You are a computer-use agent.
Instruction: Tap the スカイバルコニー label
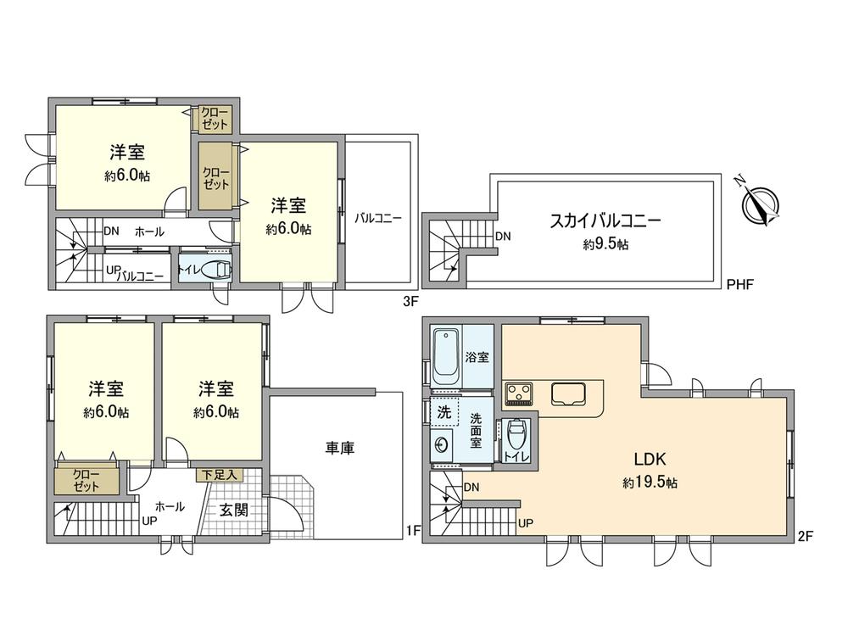tap(605, 222)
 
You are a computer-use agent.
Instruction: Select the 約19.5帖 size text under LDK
tap(649, 483)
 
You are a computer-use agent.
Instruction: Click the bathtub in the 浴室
tap(446, 355)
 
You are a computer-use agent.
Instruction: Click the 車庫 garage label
tap(338, 447)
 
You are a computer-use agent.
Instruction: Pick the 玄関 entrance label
tap(233, 510)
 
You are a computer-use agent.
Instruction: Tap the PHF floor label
tap(739, 285)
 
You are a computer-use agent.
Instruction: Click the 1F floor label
tap(413, 532)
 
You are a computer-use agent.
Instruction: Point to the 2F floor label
tap(805, 535)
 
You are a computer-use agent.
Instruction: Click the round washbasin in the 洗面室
tap(440, 444)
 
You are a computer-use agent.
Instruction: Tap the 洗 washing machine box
tap(444, 413)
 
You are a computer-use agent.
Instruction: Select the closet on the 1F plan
tap(86, 481)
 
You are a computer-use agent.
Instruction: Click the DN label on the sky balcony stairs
tap(503, 237)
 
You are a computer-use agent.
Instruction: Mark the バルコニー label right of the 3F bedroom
tap(378, 218)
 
